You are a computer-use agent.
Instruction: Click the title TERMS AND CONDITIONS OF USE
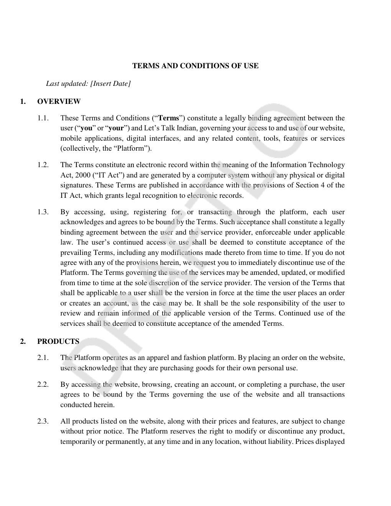(x=195, y=66)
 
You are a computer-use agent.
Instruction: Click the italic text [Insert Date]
(x=110, y=84)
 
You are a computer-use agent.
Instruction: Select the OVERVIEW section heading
(x=59, y=102)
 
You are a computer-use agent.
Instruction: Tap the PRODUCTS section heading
(x=58, y=342)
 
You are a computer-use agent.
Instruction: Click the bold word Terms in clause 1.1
(x=169, y=118)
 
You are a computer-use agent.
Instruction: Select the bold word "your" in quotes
(x=116, y=128)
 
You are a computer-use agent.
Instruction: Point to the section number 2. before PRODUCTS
(x=23, y=342)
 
